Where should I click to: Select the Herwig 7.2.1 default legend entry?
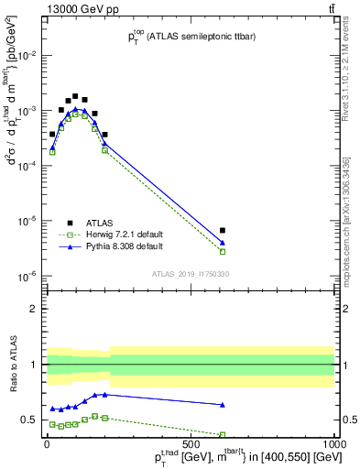pyautogui.click(x=110, y=234)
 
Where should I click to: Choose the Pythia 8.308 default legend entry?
pyautogui.click(x=110, y=246)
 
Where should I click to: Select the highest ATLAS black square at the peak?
pyautogui.click(x=75, y=95)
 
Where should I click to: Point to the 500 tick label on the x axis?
pyautogui.click(x=191, y=443)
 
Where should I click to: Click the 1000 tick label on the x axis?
pyautogui.click(x=334, y=443)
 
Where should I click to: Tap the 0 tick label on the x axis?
pyautogui.click(x=47, y=443)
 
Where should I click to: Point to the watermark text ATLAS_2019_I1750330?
pyautogui.click(x=190, y=274)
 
